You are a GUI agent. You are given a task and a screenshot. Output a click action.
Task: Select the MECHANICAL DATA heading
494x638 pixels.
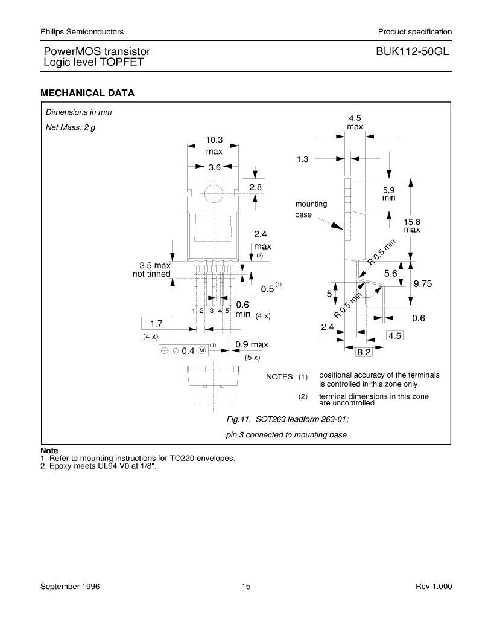87,93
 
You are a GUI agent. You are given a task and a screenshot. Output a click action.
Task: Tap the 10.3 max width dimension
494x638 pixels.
214,145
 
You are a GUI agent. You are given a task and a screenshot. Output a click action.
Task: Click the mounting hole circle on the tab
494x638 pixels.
214,194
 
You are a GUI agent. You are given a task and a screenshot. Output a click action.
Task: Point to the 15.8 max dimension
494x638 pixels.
411,226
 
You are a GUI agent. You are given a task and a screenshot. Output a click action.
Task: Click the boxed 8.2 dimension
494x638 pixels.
364,352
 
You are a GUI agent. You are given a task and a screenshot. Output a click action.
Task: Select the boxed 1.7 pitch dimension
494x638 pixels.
156,323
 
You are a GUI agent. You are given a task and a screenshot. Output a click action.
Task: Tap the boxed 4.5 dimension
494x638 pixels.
394,336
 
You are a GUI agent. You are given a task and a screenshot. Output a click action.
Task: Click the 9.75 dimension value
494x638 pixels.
422,283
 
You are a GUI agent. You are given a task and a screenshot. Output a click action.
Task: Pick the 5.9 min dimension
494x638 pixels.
389,194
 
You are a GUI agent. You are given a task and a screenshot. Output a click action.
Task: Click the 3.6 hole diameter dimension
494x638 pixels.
214,167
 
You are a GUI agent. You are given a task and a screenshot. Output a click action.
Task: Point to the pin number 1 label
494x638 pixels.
194,311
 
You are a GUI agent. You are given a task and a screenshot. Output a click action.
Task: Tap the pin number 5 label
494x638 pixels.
227,311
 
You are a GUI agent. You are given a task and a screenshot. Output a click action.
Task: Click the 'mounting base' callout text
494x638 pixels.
311,209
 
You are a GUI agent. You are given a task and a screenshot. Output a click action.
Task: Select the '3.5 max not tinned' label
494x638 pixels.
151,270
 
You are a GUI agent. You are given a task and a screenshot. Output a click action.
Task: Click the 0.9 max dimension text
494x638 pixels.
252,344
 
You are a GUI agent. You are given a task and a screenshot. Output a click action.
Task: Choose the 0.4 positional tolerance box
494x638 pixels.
183,351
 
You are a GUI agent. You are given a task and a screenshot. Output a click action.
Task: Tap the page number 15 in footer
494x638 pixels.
246,586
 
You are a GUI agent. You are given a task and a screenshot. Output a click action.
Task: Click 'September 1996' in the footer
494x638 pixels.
70,586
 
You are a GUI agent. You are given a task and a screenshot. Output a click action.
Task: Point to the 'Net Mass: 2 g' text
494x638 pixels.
71,127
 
